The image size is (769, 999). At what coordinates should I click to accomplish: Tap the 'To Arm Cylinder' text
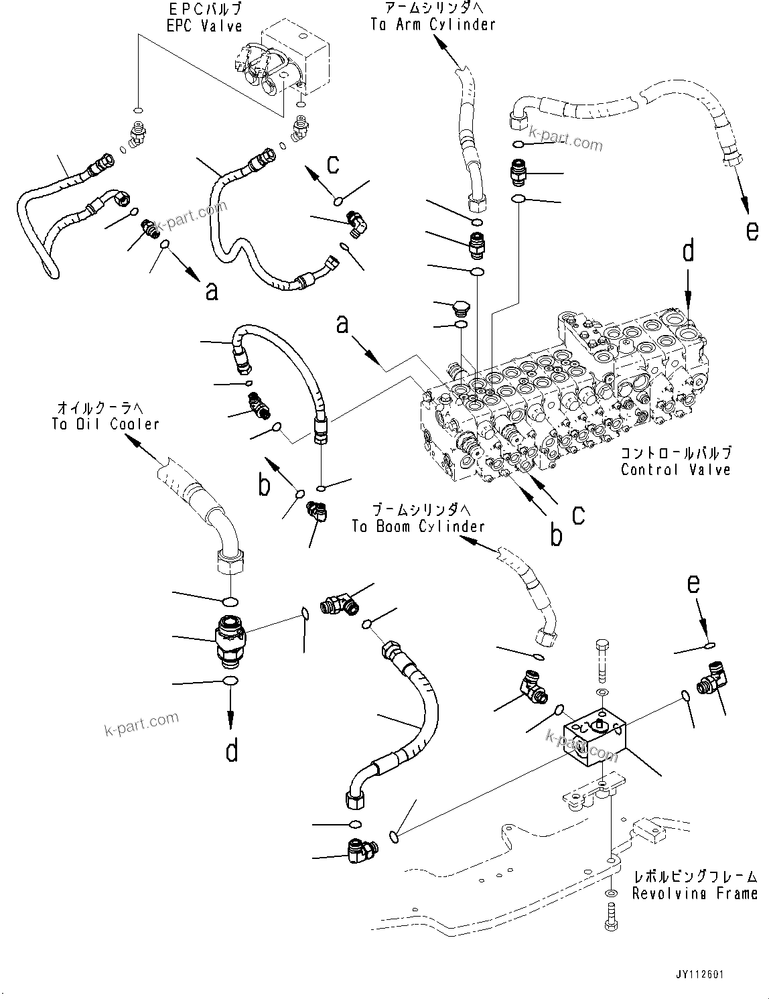(433, 25)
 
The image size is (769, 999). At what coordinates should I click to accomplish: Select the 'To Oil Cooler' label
(105, 424)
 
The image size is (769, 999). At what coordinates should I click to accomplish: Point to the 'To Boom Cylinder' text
(418, 527)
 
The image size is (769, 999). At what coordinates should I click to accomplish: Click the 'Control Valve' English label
(675, 470)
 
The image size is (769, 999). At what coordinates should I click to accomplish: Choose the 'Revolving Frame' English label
(695, 893)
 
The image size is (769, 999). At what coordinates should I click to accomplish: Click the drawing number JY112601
(700, 976)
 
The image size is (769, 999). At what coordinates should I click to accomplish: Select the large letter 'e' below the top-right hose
(752, 231)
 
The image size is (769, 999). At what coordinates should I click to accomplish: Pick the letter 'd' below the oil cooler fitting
(231, 750)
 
